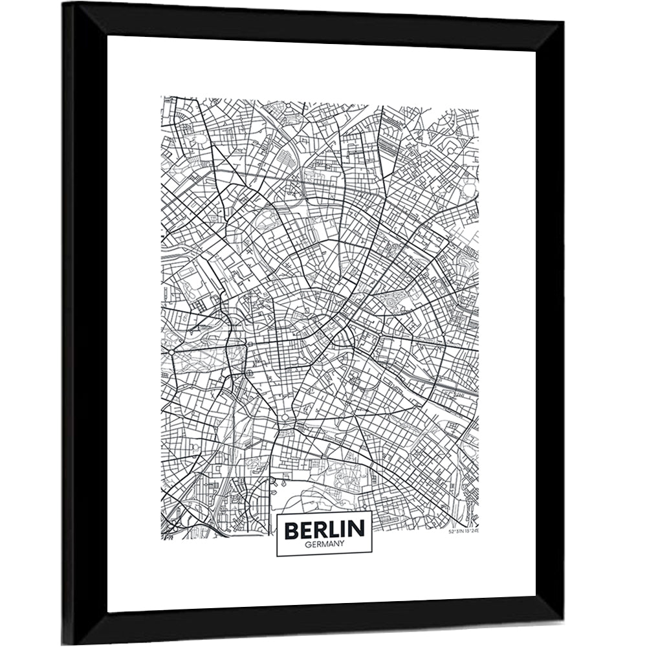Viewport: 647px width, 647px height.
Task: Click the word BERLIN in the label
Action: coord(324,530)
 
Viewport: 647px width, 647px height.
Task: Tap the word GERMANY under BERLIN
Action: coord(324,545)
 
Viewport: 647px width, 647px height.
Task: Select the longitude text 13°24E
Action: coord(471,532)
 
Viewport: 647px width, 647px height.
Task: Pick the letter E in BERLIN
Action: coord(307,530)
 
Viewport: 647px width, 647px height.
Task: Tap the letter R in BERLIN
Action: coord(322,530)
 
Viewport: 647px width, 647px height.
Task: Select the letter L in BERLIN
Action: coord(335,530)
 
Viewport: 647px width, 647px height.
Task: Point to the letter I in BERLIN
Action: coord(345,530)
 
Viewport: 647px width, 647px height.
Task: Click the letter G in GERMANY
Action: coord(305,545)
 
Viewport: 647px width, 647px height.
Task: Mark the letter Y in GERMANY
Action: coord(344,545)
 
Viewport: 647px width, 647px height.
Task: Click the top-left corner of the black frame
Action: coord(63,3)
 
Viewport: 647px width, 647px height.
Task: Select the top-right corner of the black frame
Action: coord(564,21)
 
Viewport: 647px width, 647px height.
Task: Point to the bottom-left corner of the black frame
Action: coord(63,644)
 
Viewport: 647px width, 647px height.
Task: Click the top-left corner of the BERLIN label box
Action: coord(277,512)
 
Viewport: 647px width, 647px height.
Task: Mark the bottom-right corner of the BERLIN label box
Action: coord(372,556)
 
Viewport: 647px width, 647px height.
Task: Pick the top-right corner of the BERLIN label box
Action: coord(372,512)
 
